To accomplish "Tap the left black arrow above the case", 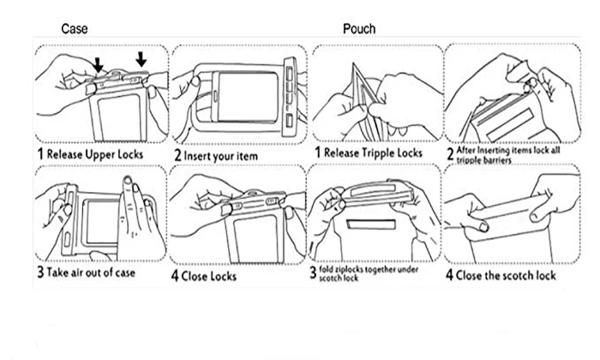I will coord(99,64).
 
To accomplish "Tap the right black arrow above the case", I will coord(141,59).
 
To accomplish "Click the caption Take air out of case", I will coord(96,274).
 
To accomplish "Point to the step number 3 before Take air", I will coord(39,274).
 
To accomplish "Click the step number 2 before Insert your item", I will coord(178,155).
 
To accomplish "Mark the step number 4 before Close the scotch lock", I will coord(449,275).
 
